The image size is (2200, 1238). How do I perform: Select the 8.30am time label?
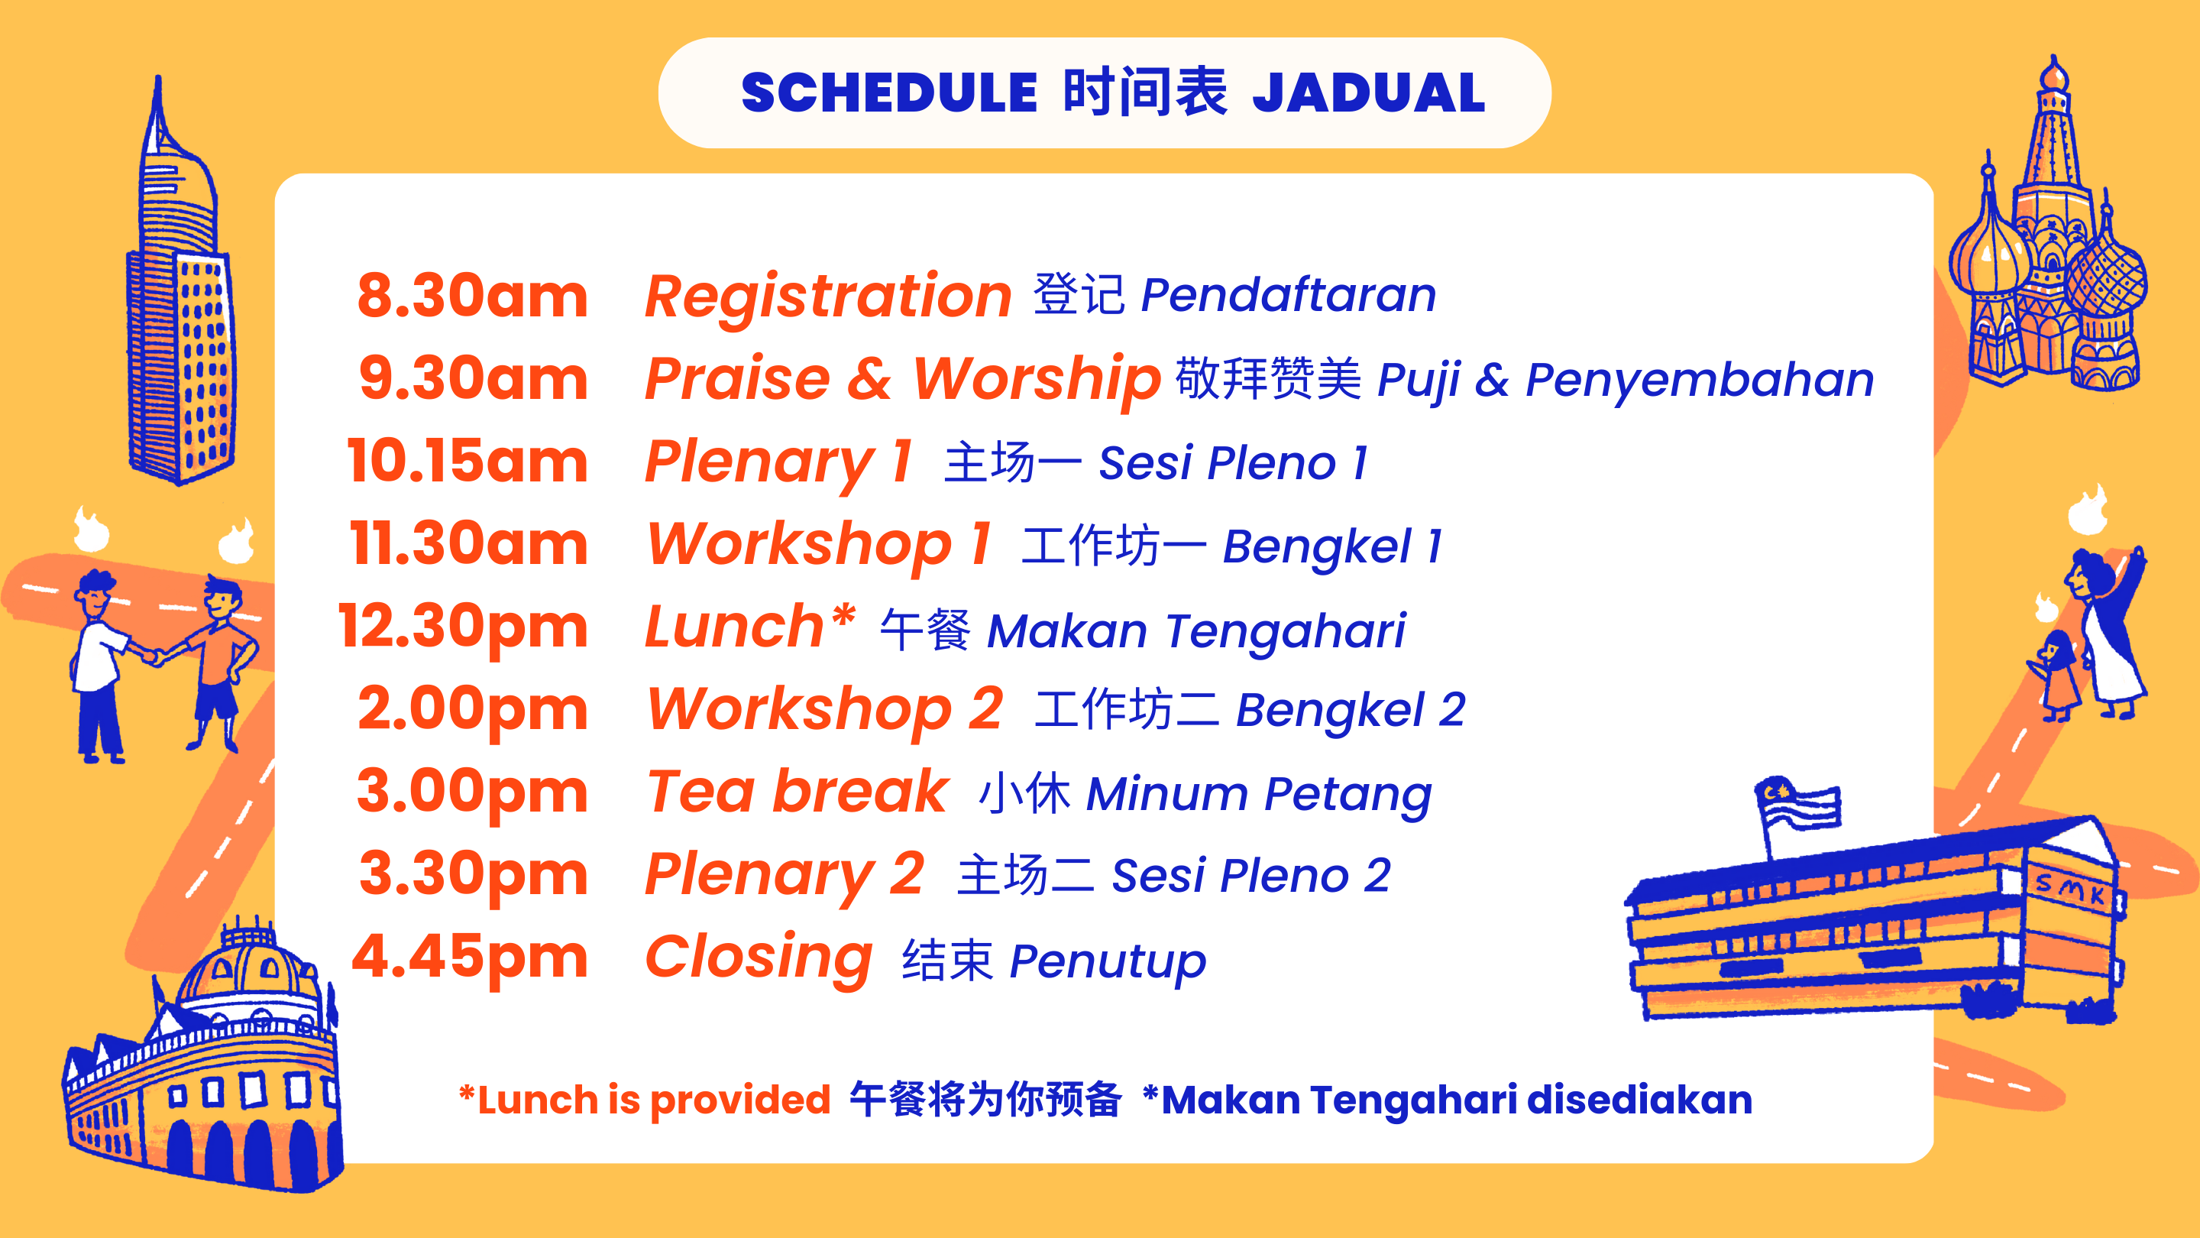pos(472,296)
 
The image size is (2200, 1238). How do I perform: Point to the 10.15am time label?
pos(467,462)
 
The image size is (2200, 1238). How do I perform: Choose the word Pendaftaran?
pos(1289,296)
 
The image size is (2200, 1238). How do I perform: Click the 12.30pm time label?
pos(463,628)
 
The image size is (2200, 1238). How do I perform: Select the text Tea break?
pos(797,791)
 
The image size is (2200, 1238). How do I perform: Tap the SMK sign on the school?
pos(2069,889)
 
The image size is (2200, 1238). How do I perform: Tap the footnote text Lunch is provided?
pos(645,1100)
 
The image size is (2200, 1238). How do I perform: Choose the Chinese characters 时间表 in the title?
pos(1145,92)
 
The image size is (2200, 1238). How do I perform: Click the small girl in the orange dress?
pos(2058,675)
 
